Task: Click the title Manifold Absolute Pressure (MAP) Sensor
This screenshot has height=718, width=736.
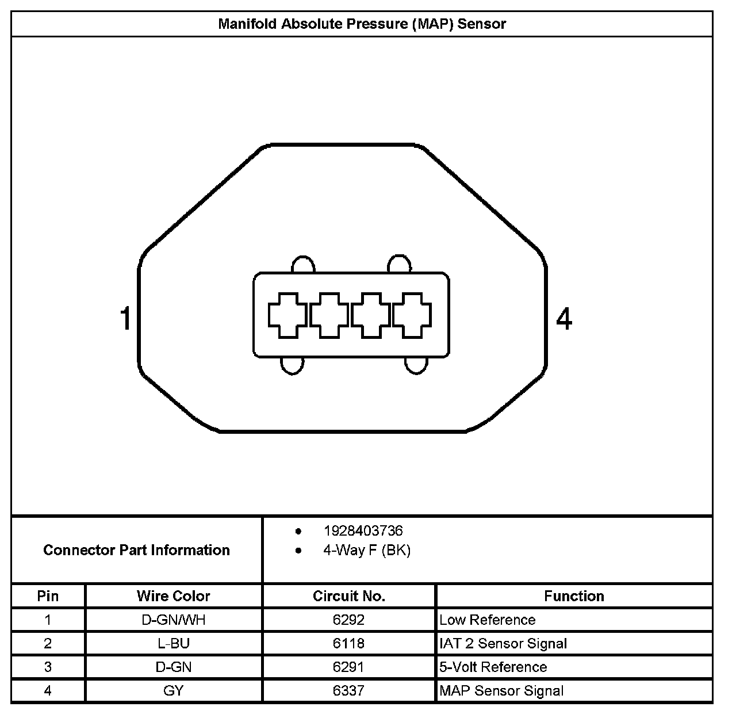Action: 362,24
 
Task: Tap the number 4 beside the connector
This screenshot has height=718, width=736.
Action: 564,319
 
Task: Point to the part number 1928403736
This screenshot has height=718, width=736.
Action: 363,530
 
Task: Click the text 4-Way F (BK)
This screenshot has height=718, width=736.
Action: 367,551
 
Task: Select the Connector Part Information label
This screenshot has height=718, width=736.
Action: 136,550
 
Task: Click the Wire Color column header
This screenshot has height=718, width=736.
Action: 173,596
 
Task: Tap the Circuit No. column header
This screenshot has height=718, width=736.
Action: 348,596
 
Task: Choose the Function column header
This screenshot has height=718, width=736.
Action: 574,596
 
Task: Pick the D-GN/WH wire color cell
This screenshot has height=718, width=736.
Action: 173,620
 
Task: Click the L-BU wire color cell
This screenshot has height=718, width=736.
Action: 173,644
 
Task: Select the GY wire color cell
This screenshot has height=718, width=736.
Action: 173,691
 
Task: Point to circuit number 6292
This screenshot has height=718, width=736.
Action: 348,620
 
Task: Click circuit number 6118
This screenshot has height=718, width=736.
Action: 348,644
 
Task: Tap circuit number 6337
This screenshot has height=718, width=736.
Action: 348,691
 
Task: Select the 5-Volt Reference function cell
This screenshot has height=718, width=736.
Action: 493,667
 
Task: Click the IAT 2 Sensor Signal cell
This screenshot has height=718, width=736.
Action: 503,644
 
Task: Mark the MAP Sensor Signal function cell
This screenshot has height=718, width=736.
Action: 501,691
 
